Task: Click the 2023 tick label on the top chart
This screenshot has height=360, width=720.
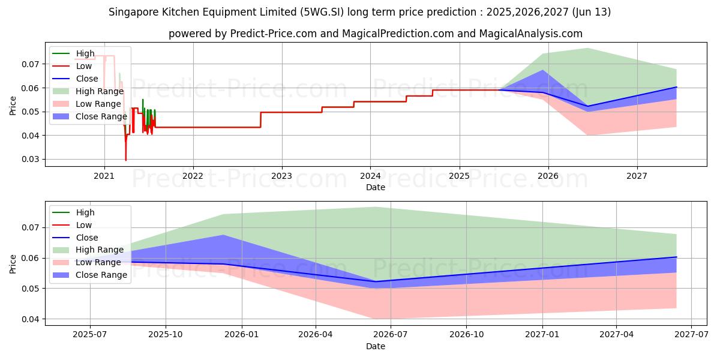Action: [281, 176]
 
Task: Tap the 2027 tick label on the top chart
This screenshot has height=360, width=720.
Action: [637, 176]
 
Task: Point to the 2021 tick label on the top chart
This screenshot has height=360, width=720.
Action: [104, 176]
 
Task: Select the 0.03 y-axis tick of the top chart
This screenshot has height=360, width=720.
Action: [30, 160]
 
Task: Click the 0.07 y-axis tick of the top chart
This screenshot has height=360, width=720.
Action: [30, 64]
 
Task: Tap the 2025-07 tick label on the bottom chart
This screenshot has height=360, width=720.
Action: [90, 334]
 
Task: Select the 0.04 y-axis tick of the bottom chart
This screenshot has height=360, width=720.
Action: [30, 319]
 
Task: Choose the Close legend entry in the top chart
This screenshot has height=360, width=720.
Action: [86, 79]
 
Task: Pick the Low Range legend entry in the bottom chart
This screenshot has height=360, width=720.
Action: [97, 262]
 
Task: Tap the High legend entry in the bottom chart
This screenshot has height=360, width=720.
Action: [85, 212]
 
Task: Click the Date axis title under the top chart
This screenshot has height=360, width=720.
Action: [376, 187]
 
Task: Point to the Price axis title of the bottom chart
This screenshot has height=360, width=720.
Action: [13, 263]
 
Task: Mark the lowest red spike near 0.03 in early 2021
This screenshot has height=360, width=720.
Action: [125, 160]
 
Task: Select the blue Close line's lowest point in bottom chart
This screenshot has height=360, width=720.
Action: [376, 281]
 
